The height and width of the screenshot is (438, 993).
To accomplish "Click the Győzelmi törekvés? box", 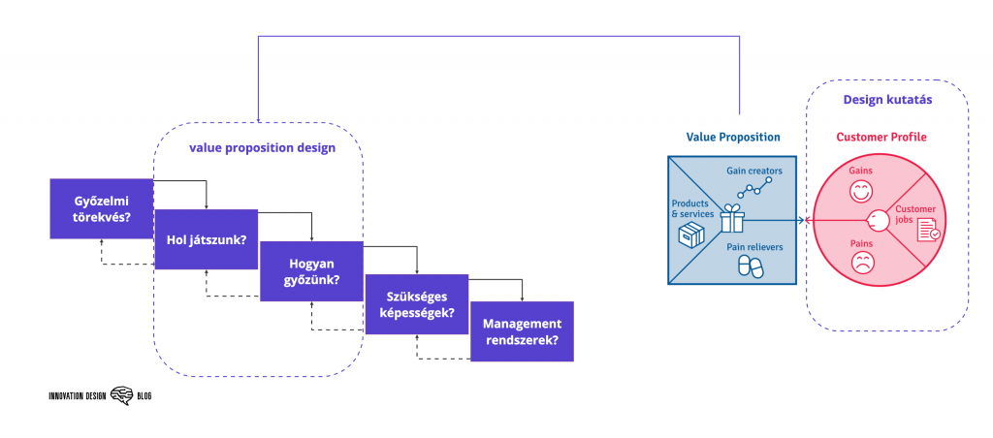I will click(102, 208).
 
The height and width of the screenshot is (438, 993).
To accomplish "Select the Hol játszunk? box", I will click(206, 239).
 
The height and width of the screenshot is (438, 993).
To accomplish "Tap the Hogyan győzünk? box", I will click(310, 271).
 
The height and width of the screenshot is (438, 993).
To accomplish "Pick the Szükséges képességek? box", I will click(415, 304).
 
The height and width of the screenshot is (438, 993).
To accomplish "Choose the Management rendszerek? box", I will click(521, 331).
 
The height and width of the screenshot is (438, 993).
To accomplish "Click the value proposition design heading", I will click(262, 148).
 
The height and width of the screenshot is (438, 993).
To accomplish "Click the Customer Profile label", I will click(881, 138).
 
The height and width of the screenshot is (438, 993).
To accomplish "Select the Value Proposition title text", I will click(733, 138).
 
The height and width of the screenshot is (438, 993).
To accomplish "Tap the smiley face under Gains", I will click(860, 192).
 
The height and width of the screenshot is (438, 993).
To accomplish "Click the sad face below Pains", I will click(860, 262).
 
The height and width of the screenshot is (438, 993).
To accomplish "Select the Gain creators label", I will click(753, 171).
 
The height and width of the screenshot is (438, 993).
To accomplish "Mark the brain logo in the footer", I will click(121, 395).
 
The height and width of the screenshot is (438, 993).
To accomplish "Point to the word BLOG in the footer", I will click(144, 396).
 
